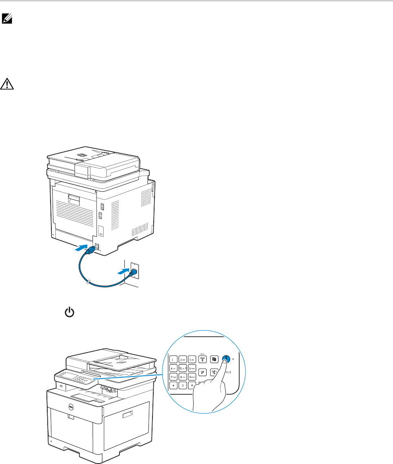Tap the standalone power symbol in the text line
[70, 313]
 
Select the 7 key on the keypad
[174, 379]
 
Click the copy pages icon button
[214, 359]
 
